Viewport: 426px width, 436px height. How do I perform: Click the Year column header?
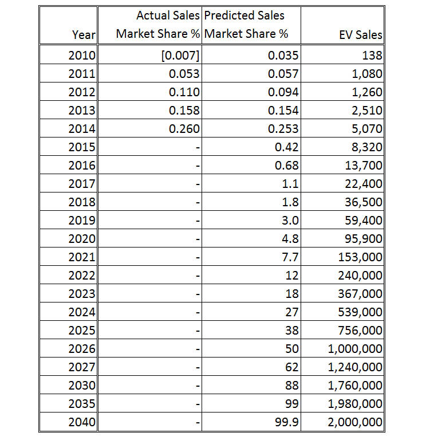[x=84, y=35]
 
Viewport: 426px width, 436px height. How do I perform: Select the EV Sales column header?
[x=361, y=35]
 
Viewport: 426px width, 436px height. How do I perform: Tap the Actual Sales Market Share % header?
[x=158, y=25]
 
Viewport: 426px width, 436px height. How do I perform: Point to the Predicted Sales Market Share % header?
[x=246, y=25]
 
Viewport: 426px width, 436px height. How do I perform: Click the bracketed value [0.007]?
[x=180, y=56]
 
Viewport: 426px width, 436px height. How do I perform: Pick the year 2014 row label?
[x=82, y=129]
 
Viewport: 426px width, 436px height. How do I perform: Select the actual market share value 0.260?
[x=184, y=129]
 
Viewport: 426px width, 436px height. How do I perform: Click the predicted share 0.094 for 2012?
[x=283, y=92]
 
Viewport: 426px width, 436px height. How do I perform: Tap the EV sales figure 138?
[x=372, y=56]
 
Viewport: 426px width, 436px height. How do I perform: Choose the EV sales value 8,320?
[x=367, y=147]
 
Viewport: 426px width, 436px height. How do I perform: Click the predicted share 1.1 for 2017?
[x=290, y=184]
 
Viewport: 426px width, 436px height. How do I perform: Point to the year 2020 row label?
[x=82, y=239]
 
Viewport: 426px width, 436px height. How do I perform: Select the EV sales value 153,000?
[x=360, y=257]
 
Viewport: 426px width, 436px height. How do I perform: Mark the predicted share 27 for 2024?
[x=292, y=312]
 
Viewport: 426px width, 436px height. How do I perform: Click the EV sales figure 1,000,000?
[x=355, y=349]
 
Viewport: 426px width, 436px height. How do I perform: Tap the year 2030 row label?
[x=82, y=386]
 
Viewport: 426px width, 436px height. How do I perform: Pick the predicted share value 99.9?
[x=287, y=422]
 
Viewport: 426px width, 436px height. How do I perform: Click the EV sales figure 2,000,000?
[x=355, y=422]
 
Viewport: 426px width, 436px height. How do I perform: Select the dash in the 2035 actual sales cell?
[x=198, y=404]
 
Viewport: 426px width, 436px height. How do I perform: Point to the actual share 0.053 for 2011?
[x=184, y=74]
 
